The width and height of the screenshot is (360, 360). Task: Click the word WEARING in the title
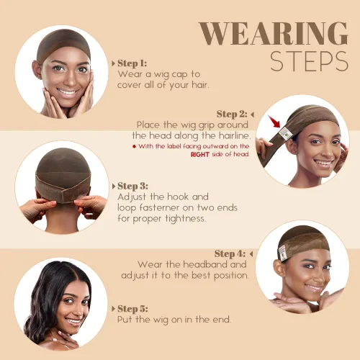pos(274,34)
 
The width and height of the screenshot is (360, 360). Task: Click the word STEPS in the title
pos(309,61)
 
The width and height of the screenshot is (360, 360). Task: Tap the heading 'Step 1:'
pos(132,63)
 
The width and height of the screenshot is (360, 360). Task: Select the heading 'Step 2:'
pos(232,114)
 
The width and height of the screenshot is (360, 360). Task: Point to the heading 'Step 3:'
pos(132,186)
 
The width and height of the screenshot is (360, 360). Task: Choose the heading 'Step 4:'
pos(230,253)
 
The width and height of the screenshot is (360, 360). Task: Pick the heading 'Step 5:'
pos(132,309)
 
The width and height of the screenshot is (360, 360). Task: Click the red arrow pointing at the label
pos(274,122)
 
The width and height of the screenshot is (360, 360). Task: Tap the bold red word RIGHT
pos(200,155)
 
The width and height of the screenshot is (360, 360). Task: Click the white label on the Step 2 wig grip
pos(285,133)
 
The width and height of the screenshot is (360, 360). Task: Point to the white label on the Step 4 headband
pos(283,253)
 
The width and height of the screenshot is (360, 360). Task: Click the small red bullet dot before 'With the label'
pos(134,146)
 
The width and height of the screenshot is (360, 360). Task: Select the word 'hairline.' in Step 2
pos(235,136)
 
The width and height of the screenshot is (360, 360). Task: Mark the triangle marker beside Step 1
pos(113,63)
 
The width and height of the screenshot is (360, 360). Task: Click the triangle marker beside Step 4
pos(251,253)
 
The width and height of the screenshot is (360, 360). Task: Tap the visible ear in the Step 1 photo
pos(37,70)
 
